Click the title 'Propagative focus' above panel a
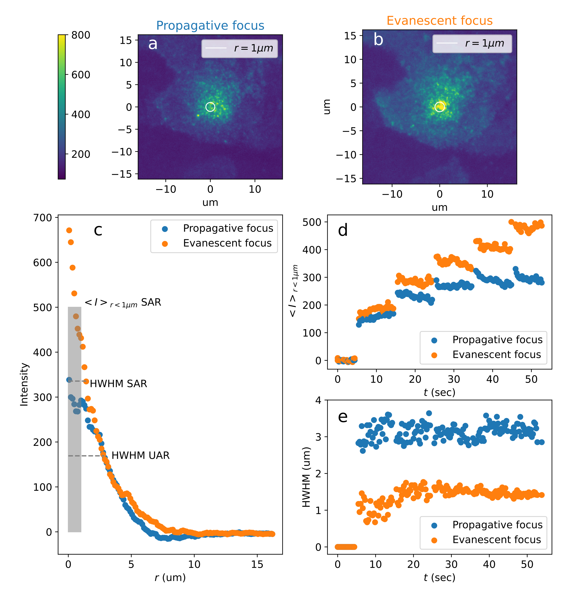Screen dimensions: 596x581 pyautogui.click(x=210, y=26)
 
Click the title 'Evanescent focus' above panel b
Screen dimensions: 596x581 pyautogui.click(x=439, y=21)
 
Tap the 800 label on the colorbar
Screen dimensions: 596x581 pyautogui.click(x=80, y=35)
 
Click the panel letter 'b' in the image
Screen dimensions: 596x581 pyautogui.click(x=378, y=40)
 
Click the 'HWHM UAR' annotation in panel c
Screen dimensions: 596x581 pyautogui.click(x=140, y=455)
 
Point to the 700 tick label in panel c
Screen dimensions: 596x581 pyautogui.click(x=43, y=218)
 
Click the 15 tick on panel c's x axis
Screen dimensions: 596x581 pyautogui.click(x=257, y=565)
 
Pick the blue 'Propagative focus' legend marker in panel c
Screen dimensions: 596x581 pyautogui.click(x=165, y=228)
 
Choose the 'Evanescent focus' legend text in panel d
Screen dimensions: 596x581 pyautogui.click(x=496, y=354)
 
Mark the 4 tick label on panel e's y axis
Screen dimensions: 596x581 pyautogui.click(x=318, y=400)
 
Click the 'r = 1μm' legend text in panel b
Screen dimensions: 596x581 pyautogui.click(x=485, y=43)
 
